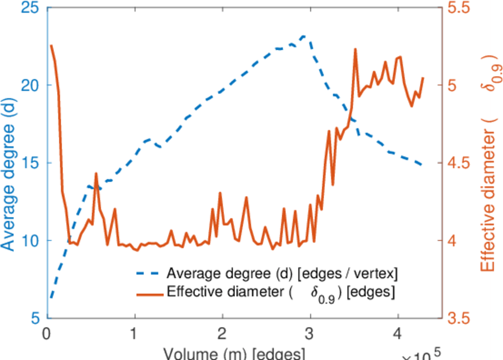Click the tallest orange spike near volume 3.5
tap(355, 49)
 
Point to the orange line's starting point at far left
tap(51, 46)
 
